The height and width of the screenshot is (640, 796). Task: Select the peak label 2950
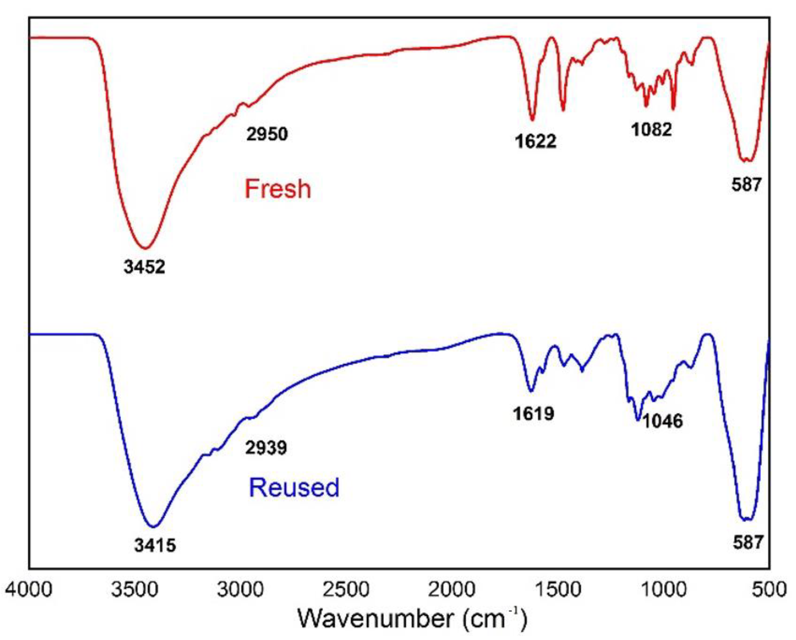click(x=267, y=134)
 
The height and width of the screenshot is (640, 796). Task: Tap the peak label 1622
click(x=535, y=141)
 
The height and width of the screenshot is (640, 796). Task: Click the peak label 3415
click(x=155, y=545)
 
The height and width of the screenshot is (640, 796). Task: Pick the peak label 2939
click(x=266, y=448)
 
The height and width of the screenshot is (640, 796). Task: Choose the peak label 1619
click(x=533, y=414)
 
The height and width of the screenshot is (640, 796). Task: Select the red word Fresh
click(x=278, y=189)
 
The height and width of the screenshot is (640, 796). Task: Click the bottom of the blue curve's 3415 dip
click(x=154, y=527)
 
